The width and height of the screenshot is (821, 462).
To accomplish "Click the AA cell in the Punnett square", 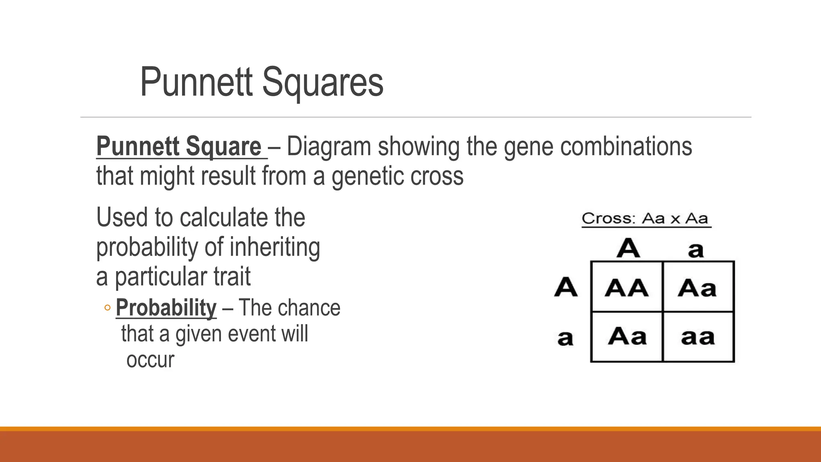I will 626,288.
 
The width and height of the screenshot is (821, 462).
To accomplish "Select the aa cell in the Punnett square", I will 698,337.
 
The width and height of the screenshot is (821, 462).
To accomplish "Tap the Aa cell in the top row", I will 697,288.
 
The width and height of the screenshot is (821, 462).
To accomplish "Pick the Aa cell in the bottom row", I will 627,336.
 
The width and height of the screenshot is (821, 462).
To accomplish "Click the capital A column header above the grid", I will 628,248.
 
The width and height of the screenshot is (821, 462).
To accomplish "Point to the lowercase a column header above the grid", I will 696,250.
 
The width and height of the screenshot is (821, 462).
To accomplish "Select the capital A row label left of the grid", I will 566,287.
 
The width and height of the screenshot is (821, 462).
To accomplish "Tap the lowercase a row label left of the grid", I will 565,338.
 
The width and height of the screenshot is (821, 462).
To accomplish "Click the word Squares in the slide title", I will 323,83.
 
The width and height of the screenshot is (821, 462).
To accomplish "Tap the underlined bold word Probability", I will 166,308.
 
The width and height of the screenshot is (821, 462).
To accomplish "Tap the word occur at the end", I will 150,360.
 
